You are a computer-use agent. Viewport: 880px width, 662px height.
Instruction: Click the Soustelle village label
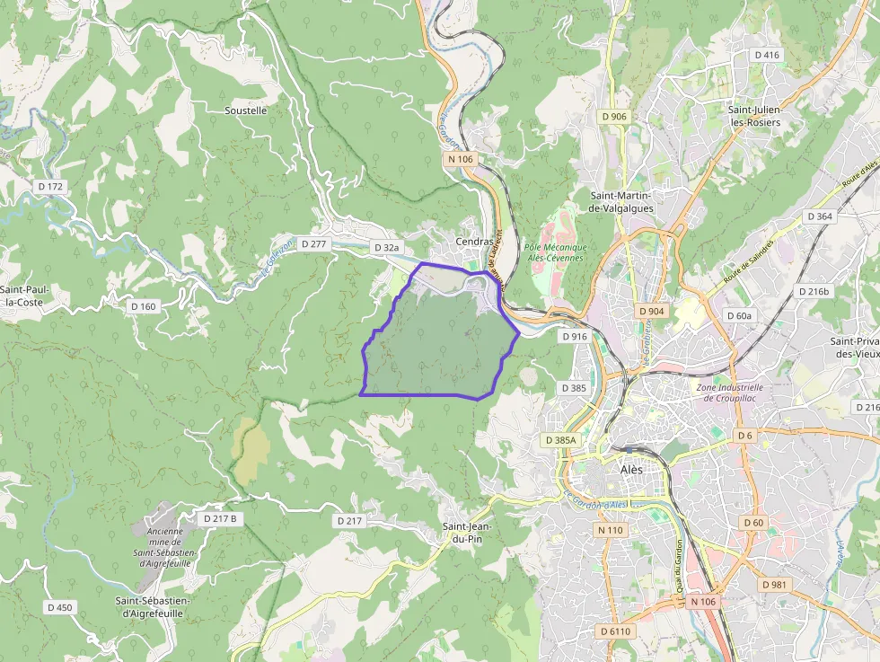point(245,110)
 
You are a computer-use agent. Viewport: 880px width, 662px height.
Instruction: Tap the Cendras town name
point(474,242)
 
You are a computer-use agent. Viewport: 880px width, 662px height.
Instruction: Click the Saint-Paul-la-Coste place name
point(24,296)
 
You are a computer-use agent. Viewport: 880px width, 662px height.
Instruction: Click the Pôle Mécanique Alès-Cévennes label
point(555,252)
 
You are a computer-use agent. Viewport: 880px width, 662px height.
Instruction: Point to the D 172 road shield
point(51,186)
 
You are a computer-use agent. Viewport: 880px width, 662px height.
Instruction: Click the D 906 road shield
point(614,117)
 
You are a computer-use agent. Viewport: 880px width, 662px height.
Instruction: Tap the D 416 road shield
point(767,55)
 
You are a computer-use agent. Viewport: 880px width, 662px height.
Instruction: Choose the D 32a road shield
point(386,246)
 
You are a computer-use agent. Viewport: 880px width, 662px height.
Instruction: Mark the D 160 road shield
point(144,306)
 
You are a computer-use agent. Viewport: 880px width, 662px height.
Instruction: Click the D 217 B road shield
point(220,518)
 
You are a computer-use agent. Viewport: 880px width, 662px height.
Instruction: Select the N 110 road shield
point(610,530)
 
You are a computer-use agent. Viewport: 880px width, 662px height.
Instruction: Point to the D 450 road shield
point(59,607)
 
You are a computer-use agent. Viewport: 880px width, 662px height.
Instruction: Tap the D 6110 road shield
point(616,631)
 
